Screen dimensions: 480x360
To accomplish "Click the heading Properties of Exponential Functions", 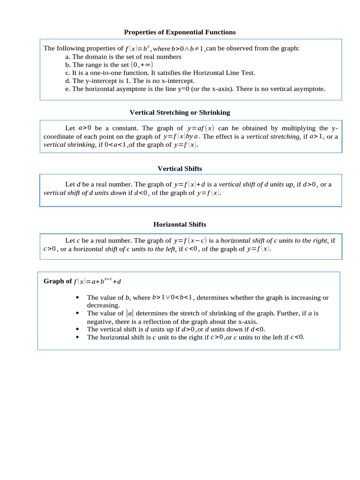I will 180,32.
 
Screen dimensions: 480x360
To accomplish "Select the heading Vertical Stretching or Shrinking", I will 180,112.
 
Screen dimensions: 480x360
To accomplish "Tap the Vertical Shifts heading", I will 180,168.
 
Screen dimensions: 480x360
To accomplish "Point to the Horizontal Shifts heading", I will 180,225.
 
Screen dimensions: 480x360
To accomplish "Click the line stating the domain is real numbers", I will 123,57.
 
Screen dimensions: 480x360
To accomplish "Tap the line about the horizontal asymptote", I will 195,89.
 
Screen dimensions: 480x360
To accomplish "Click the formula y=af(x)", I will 201,128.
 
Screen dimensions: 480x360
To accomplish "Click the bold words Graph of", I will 57,281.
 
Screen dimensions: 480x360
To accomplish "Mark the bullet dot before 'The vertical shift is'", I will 77,329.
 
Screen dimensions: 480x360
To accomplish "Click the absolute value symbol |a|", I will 130,313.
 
